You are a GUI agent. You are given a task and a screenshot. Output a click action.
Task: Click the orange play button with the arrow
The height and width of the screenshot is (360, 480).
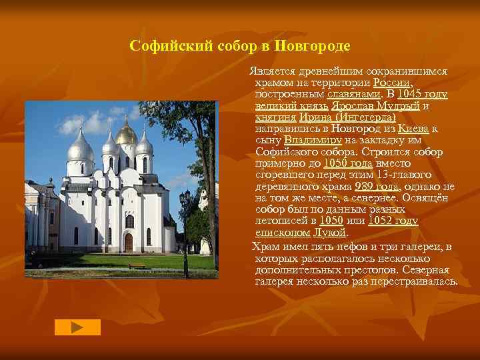point(77,327)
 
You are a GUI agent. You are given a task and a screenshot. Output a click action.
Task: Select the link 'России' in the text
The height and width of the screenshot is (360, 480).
point(391,82)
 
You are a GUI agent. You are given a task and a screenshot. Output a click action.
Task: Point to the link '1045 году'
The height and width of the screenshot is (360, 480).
point(422,93)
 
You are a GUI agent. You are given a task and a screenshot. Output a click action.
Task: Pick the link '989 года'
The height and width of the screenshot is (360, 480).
point(377,186)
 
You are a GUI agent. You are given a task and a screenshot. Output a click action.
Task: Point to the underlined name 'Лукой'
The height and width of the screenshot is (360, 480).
point(331,233)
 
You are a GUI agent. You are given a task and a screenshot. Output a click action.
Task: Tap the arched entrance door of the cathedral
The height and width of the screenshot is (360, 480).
point(128,241)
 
